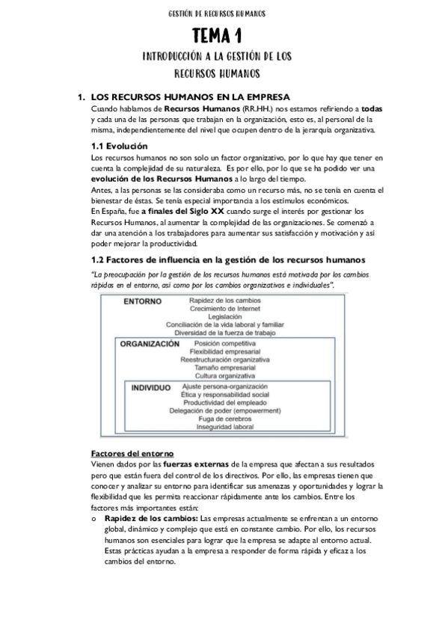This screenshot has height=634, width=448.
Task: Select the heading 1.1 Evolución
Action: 119,146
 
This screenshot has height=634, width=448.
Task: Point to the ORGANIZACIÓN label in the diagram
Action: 150,345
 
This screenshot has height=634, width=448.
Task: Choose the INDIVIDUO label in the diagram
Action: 157,389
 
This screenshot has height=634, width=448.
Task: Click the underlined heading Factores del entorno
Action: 132,454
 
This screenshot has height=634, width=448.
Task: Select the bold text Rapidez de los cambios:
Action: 152,517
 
